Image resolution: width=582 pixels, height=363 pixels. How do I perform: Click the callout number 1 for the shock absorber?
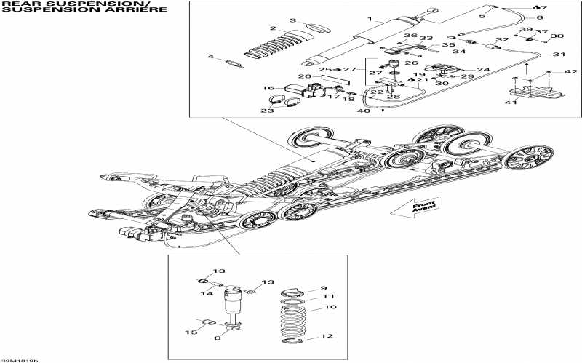(370, 19)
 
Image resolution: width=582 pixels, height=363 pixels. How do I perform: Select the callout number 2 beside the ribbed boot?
(273, 30)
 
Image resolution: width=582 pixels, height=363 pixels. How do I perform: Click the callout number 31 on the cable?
(558, 55)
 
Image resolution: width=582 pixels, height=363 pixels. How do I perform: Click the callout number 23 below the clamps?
(267, 111)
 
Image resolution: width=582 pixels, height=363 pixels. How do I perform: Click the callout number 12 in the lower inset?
(327, 336)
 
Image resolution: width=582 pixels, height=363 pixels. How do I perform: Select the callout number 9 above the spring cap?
(324, 288)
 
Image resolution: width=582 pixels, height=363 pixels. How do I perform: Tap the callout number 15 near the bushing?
(191, 333)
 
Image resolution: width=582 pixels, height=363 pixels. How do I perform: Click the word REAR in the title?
(17, 4)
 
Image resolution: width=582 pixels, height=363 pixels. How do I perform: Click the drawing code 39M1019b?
(20, 359)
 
